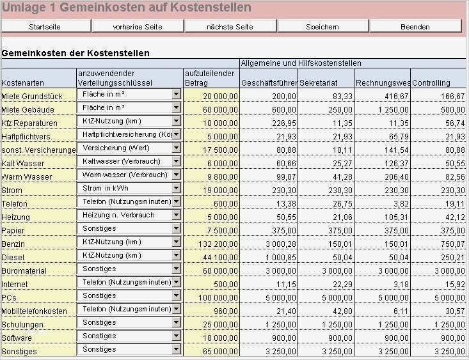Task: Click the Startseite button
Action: [45, 27]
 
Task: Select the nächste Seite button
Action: [230, 27]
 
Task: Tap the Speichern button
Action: [322, 27]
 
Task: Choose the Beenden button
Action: [415, 27]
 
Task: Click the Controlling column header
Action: [431, 83]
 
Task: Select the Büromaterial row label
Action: [24, 271]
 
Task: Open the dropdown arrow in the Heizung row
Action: [177, 216]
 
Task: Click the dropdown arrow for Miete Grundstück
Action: [177, 94]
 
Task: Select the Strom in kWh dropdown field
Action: [125, 189]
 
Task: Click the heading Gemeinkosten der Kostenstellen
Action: [76, 53]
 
